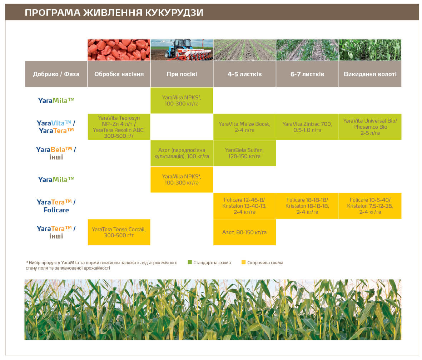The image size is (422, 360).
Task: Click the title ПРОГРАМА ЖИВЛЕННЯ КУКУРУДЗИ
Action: [x=114, y=13]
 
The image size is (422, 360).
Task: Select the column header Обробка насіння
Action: [x=119, y=74]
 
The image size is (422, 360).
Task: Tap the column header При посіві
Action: [x=182, y=74]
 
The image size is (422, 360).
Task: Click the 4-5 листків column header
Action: [x=245, y=74]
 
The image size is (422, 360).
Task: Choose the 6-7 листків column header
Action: [x=307, y=74]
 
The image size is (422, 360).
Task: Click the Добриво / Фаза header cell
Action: [x=56, y=74]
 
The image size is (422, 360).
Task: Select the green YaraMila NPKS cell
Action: [x=182, y=100]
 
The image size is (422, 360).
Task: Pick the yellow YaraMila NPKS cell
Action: [x=182, y=179]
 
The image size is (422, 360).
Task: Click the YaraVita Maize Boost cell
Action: [x=245, y=127]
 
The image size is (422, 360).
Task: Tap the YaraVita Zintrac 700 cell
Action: [x=307, y=127]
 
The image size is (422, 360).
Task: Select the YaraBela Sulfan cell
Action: [x=245, y=153]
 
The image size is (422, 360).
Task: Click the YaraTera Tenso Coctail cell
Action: [x=119, y=232]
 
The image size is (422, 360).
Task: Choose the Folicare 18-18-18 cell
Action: [x=307, y=206]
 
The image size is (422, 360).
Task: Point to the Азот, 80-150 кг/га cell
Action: [x=245, y=232]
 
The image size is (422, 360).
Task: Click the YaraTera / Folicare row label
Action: [x=56, y=206]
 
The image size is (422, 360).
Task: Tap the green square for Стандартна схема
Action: [x=190, y=262]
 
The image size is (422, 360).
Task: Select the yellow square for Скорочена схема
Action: [x=244, y=262]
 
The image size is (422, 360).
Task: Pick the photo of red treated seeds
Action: [x=119, y=50]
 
